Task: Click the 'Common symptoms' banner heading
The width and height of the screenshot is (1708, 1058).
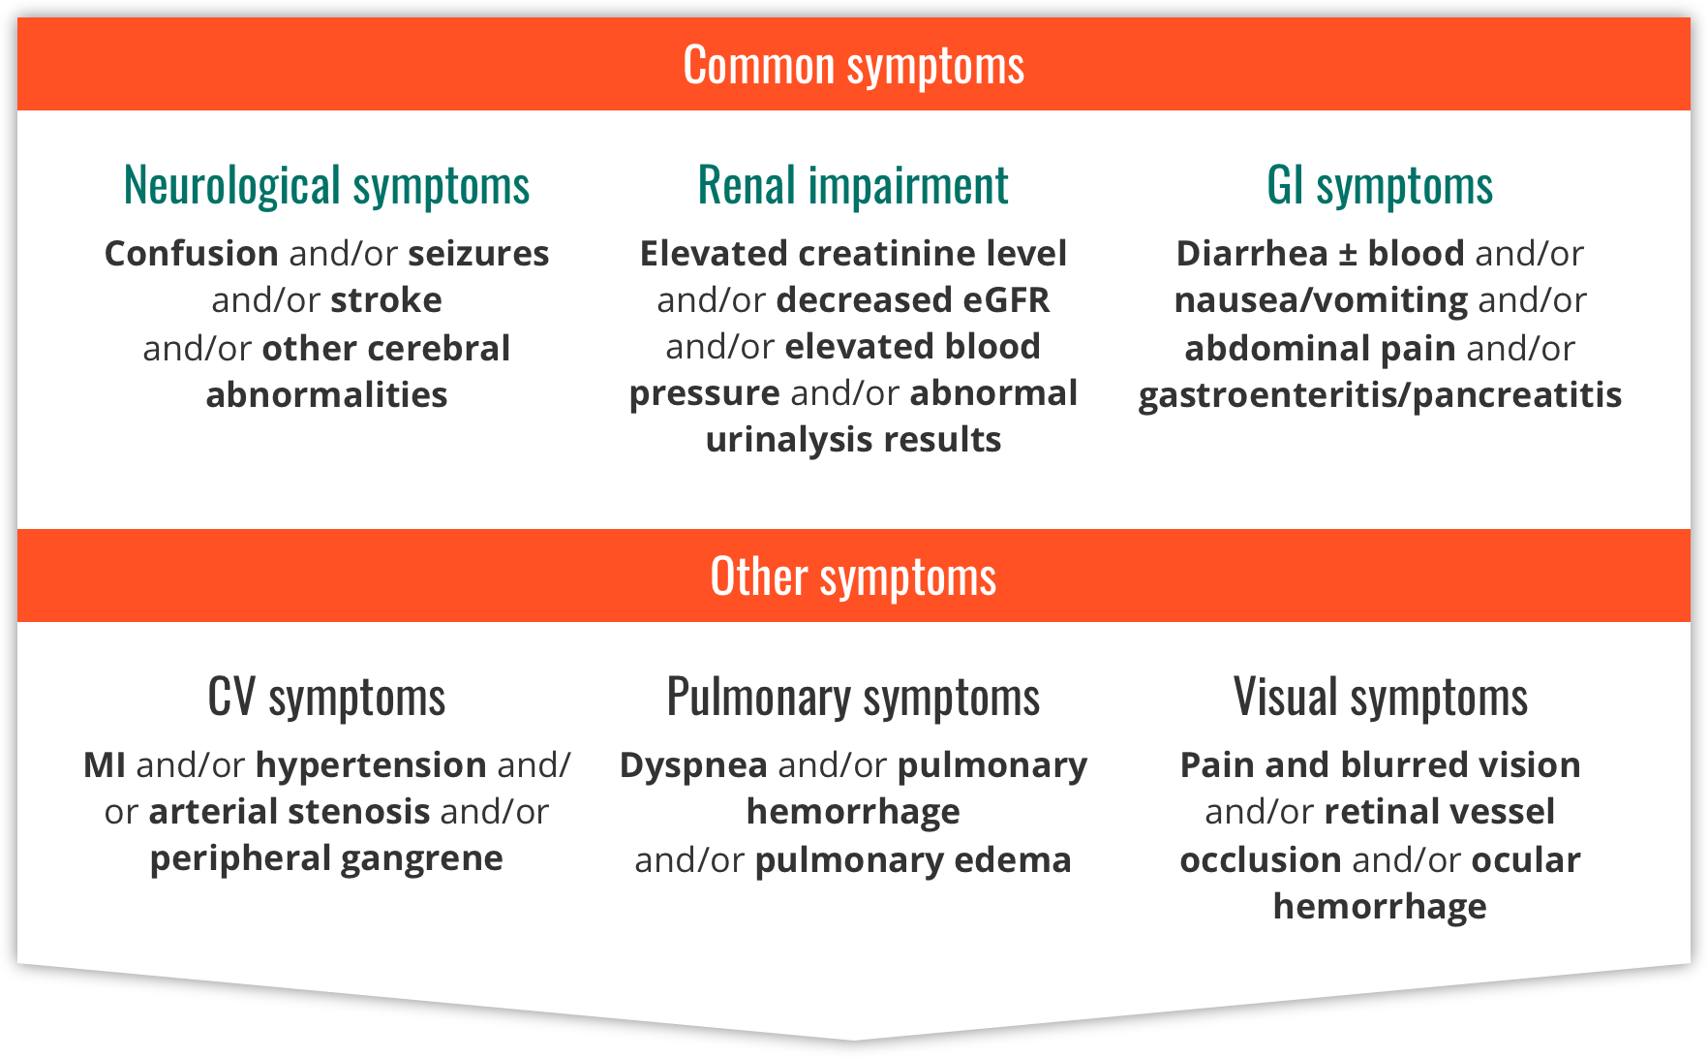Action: [x=853, y=66]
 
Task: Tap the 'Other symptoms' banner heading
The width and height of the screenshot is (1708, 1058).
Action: [x=853, y=576]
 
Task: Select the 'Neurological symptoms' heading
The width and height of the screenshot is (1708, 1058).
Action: [x=327, y=185]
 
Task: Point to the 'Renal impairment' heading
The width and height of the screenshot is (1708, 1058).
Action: [x=853, y=185]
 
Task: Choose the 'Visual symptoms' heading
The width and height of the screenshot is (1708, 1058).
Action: [x=1381, y=697]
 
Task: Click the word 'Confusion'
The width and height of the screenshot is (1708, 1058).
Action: [x=192, y=254]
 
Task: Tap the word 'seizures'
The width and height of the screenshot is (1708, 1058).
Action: [x=478, y=254]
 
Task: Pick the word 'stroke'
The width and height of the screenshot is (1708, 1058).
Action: [x=386, y=300]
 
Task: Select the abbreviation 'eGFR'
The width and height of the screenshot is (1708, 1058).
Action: [x=1006, y=300]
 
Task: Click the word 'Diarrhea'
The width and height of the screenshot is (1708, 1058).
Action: [x=1252, y=254]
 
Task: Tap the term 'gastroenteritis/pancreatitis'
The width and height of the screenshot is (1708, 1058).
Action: [x=1380, y=395]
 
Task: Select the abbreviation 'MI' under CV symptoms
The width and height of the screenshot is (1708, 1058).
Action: [x=105, y=765]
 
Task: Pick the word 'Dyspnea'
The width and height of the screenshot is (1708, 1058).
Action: [x=693, y=765]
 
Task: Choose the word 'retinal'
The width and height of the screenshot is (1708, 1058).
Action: [x=1387, y=812]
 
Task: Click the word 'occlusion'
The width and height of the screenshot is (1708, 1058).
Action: [x=1260, y=860]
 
